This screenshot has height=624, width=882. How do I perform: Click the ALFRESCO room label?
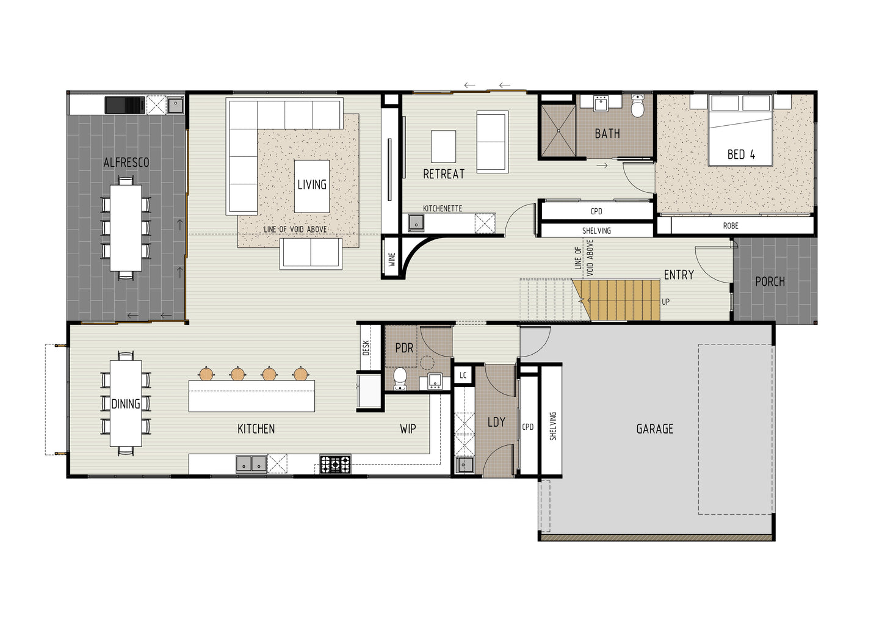click(x=126, y=162)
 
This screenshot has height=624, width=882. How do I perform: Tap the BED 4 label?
click(x=741, y=154)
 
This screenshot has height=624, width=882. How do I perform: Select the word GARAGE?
click(x=655, y=429)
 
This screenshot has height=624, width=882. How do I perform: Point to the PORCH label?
click(x=770, y=281)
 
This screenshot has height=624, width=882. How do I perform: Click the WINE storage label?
click(x=392, y=259)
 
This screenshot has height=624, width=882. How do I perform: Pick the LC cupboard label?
click(x=463, y=375)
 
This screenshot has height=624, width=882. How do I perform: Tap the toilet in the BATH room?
click(x=637, y=106)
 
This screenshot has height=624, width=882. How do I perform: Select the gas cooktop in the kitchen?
click(x=335, y=464)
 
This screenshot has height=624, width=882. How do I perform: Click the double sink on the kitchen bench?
click(x=251, y=464)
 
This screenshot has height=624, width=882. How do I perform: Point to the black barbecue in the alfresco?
click(x=125, y=106)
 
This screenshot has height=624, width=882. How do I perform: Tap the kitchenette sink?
click(x=416, y=223)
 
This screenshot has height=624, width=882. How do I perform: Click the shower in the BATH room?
click(x=558, y=131)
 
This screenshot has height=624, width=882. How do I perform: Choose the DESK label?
click(x=366, y=348)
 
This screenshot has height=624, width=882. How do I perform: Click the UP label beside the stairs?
click(x=665, y=302)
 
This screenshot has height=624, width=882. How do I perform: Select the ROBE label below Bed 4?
click(x=731, y=226)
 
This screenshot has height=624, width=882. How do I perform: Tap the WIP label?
click(x=408, y=429)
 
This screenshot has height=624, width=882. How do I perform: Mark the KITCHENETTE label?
click(x=443, y=208)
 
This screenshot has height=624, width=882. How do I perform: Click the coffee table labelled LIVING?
click(x=312, y=186)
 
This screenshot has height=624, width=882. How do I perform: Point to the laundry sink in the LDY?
click(x=465, y=465)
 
